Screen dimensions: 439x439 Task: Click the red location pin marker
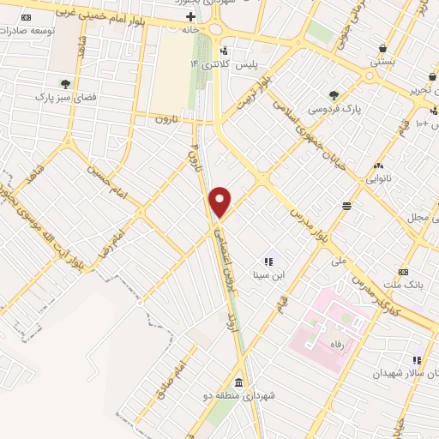(220, 202)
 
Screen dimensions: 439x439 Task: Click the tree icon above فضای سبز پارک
(65, 84)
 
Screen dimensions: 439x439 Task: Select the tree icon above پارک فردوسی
(334, 95)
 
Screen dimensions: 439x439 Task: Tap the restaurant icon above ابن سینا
(268, 262)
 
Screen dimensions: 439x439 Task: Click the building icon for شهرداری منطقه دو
(238, 382)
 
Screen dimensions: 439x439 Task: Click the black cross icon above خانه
(190, 16)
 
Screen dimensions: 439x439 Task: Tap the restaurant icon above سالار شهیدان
(417, 360)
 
